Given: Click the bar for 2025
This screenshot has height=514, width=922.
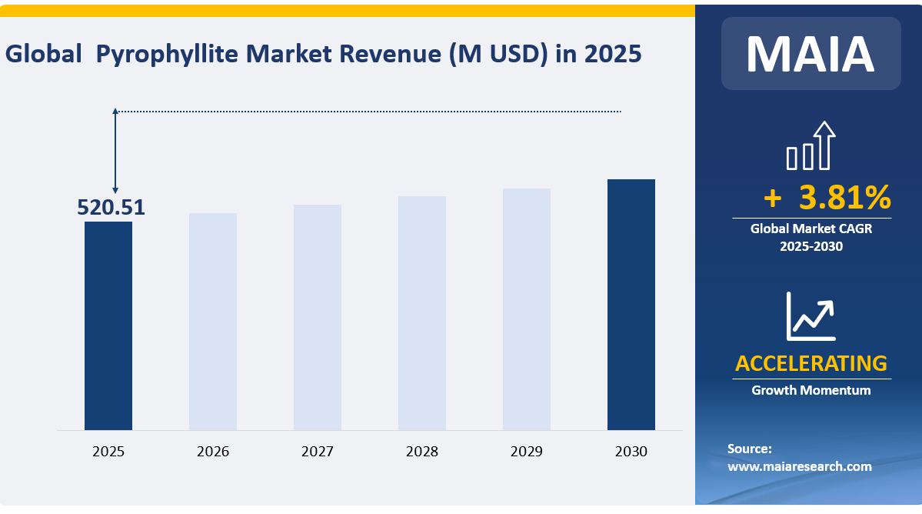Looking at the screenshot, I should [108, 325].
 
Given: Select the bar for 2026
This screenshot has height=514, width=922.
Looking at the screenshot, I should [213, 322].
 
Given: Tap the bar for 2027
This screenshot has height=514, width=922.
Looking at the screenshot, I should [318, 317].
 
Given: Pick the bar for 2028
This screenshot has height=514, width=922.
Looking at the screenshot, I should [422, 313].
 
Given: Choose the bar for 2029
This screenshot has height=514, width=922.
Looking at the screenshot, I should [527, 309].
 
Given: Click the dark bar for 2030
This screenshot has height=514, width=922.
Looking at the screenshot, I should [631, 305].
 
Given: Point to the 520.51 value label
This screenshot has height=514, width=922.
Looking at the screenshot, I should [111, 207].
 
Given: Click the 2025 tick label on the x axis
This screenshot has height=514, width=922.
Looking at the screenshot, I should [108, 452].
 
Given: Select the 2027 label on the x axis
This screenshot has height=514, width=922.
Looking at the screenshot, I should [318, 452].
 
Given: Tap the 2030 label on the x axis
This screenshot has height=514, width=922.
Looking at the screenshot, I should [631, 452].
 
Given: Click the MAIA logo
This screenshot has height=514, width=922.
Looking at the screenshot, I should [810, 54].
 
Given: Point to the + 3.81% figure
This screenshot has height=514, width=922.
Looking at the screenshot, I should [827, 198].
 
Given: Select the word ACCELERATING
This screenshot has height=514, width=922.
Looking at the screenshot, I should [811, 363].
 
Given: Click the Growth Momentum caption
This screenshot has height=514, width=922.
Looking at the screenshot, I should [811, 390].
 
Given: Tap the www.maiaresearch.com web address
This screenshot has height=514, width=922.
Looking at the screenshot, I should [800, 466].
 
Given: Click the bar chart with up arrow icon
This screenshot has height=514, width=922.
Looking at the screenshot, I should [810, 146].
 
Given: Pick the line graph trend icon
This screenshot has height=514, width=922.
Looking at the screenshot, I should [810, 316].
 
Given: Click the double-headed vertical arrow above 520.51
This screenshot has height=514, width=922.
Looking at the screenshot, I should [115, 151].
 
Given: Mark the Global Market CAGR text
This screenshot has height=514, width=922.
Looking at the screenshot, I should [811, 229].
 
